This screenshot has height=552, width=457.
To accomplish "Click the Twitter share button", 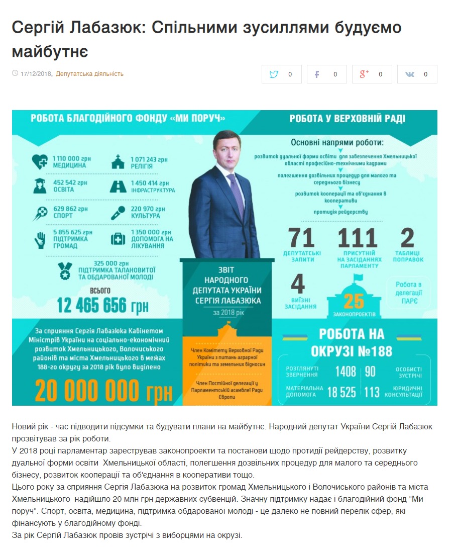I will tap(282, 74).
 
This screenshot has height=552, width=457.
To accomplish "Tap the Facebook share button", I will tap(327, 74).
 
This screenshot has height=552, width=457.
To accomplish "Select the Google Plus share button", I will tap(372, 74).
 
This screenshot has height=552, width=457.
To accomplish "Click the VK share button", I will tap(417, 74).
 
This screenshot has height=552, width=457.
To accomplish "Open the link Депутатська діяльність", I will tap(89, 74).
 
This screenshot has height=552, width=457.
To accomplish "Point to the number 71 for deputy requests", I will tap(301, 238).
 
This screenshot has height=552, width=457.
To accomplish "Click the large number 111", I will tap(357, 238).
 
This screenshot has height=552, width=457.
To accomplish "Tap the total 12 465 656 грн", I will tap(100, 305).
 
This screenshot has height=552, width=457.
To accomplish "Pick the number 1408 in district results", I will tap(346, 372).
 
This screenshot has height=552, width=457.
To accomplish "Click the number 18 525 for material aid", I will tap(341, 393).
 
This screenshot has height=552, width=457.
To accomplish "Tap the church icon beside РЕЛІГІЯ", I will tap(118, 162).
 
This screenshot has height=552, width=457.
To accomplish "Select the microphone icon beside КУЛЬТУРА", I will tap(118, 212).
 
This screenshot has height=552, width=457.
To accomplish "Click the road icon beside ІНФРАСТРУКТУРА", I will tap(118, 187).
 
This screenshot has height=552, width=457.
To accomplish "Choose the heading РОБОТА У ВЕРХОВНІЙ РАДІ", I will tap(347, 119).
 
